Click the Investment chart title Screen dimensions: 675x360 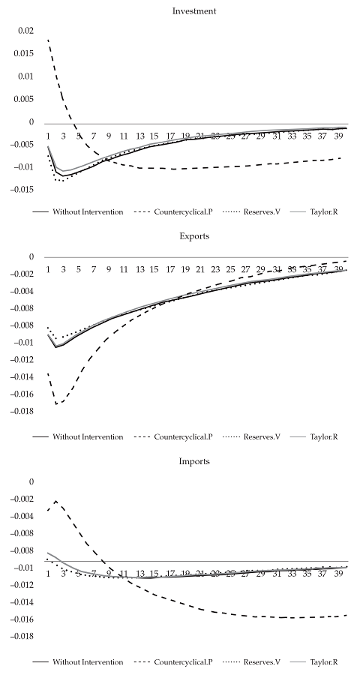point(190,11)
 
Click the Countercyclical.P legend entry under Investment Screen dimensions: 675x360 point(184,212)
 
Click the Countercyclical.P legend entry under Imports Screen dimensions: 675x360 point(184,662)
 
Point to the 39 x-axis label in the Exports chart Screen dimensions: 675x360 point(338,269)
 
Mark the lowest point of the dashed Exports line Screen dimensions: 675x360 point(55,404)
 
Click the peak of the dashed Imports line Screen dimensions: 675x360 point(55,501)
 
